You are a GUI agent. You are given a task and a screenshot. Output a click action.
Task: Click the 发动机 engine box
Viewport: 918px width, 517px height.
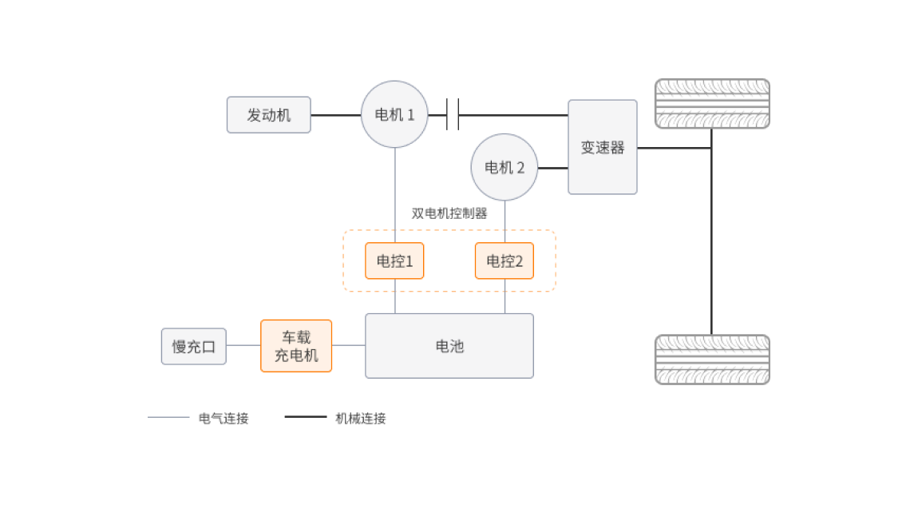[x=268, y=115]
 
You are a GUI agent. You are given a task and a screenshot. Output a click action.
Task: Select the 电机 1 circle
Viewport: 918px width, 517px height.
[x=394, y=114]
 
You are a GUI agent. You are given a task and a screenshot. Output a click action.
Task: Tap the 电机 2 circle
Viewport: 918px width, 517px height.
[x=505, y=167]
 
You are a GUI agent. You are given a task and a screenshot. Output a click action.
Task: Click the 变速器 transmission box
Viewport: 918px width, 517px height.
[x=603, y=147]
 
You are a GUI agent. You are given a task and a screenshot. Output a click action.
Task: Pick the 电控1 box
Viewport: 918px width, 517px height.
[x=394, y=260]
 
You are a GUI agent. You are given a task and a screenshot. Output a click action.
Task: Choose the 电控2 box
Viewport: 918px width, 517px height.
[x=505, y=260]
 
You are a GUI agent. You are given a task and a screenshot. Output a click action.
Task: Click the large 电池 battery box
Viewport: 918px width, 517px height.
[x=449, y=345]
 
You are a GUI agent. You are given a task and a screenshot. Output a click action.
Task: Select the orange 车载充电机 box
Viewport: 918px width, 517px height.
[x=296, y=346]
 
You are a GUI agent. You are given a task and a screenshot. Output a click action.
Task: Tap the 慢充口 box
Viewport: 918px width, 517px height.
[x=193, y=346]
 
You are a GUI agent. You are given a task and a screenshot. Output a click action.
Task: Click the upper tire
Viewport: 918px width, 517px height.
[x=712, y=104]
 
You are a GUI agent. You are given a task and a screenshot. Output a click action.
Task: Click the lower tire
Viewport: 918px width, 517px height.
[x=712, y=360]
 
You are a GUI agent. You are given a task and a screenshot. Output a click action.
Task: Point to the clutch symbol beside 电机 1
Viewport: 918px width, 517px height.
[x=453, y=114]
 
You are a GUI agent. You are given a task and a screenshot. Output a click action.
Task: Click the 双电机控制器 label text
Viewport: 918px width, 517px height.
[x=449, y=213]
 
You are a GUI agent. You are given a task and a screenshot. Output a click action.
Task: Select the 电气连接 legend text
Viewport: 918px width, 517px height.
[x=224, y=418]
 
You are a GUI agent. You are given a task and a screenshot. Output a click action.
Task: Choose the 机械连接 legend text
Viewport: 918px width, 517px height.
[x=360, y=418]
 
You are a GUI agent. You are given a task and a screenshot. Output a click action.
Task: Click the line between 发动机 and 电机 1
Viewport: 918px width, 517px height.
[x=335, y=115]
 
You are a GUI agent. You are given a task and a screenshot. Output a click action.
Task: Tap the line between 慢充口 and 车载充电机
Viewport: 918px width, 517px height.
[x=243, y=345]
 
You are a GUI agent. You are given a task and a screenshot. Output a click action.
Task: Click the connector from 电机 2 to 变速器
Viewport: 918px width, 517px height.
[x=553, y=168]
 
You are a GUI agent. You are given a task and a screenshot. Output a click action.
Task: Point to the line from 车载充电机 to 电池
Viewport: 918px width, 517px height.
[x=349, y=345]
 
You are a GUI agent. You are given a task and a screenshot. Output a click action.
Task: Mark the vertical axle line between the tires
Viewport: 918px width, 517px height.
[x=711, y=240]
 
